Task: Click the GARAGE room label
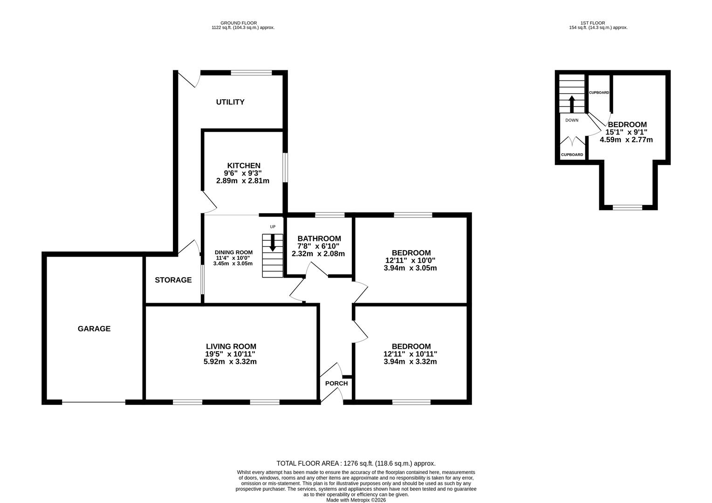point(94,328)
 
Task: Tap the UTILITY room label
point(230,102)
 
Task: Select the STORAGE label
point(173,280)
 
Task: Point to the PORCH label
point(336,383)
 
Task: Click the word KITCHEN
point(244,165)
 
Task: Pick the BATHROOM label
point(319,238)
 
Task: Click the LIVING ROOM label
point(231,347)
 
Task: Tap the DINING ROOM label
point(233,252)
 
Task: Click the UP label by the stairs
point(273,227)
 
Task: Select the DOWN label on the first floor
point(572,121)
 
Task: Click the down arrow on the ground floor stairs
point(273,243)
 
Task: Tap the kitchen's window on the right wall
point(285,168)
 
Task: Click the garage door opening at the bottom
point(94,402)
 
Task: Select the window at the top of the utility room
point(252,73)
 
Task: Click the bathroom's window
point(329,215)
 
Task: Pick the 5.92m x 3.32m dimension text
point(230,361)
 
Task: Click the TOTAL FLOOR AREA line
point(356,463)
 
